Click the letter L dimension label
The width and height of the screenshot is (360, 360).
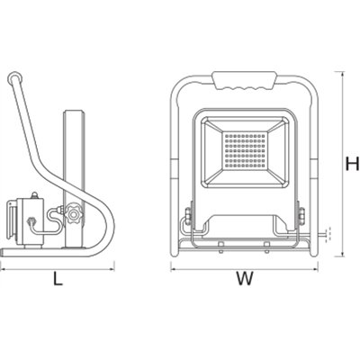tap(57, 279)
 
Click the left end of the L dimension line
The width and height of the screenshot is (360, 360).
tap(2, 266)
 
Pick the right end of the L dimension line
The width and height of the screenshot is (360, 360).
tap(113, 266)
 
